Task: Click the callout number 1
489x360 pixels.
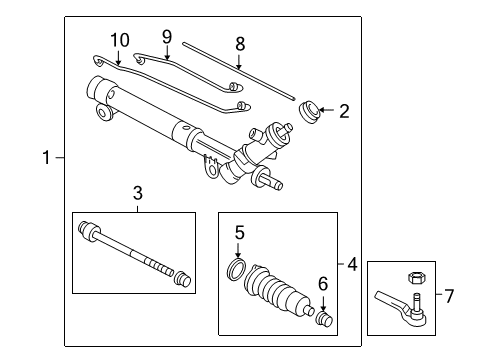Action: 45,158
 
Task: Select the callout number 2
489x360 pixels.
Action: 344,111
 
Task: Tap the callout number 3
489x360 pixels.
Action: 138,192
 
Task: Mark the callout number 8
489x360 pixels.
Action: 239,44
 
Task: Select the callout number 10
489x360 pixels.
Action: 119,39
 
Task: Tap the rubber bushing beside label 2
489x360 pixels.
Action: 311,111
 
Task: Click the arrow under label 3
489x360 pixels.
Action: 138,208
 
